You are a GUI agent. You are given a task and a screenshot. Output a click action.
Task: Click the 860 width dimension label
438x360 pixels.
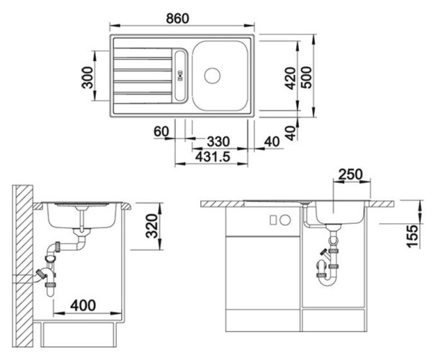tap(177, 19)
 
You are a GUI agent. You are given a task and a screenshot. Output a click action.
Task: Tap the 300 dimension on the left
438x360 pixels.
tap(87, 77)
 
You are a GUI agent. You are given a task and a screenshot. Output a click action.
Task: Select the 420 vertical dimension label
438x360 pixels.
tap(290, 78)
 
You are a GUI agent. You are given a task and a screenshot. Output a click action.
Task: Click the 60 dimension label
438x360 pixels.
tap(161, 131)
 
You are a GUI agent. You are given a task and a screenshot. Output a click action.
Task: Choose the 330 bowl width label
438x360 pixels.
tap(218, 142)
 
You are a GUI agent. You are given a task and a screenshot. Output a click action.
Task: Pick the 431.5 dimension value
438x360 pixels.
tap(213, 157)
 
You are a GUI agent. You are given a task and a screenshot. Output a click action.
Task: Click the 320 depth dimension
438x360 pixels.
tap(152, 225)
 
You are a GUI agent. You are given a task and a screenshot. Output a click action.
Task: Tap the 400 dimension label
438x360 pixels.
tap(83, 305)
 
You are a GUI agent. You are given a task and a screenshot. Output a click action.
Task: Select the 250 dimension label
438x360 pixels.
tap(351, 174)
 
